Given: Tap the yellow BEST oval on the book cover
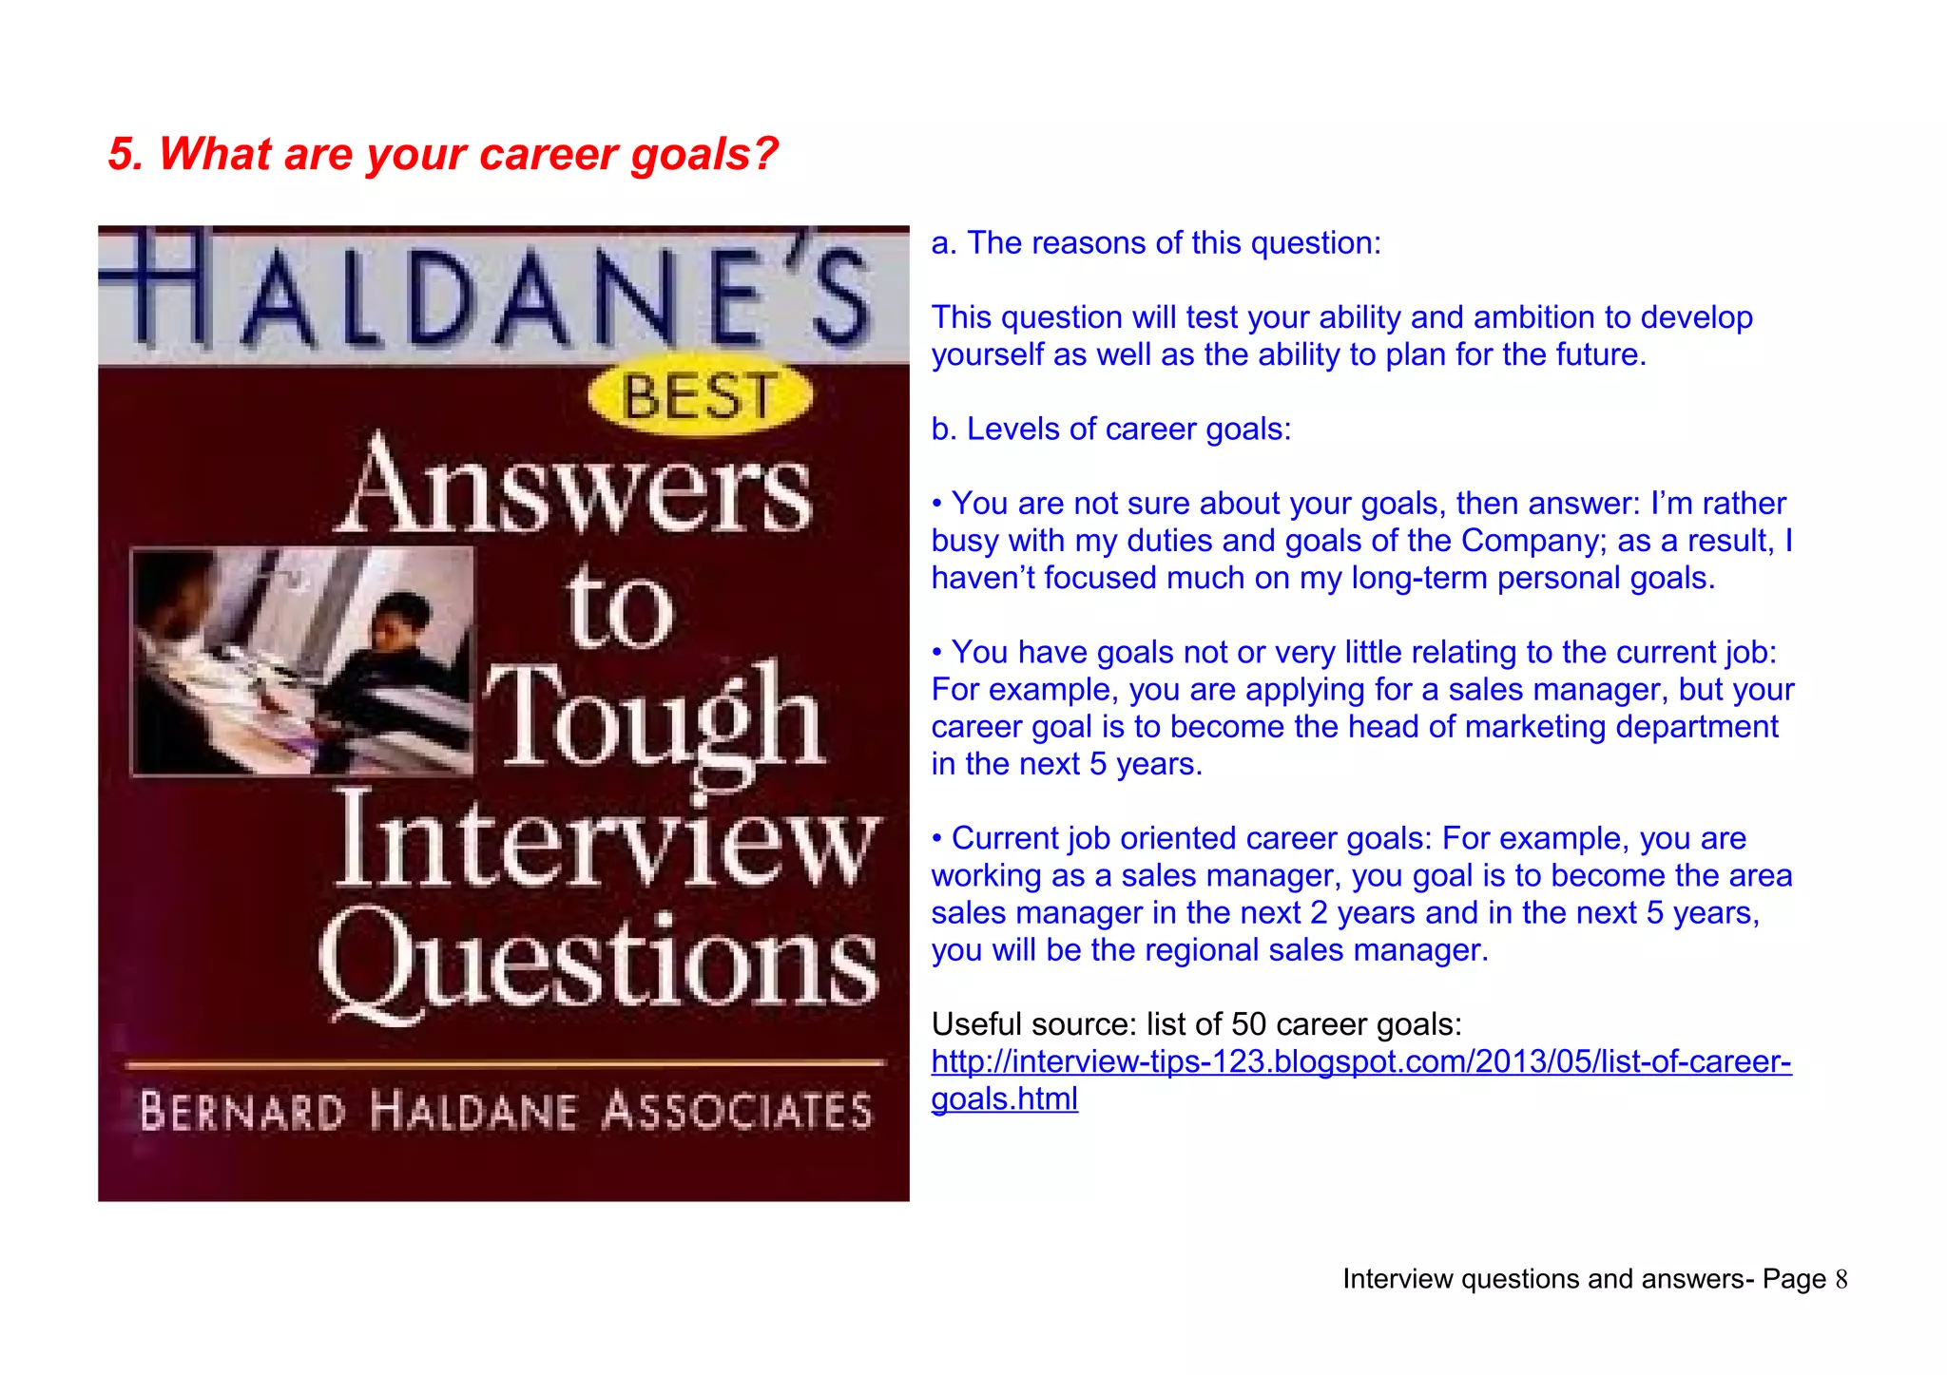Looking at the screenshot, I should (700, 397).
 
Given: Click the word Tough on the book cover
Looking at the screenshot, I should (655, 720).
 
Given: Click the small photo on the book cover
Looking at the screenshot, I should (302, 661).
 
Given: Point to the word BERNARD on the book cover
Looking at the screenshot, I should (242, 1112).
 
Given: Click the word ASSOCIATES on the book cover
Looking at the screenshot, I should (737, 1112).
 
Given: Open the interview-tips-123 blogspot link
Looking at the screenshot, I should (1360, 1061).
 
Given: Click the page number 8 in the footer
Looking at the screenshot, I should (1841, 1280).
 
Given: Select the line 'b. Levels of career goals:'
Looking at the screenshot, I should (1111, 430).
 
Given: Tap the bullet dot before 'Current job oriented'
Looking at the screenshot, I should (937, 839).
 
